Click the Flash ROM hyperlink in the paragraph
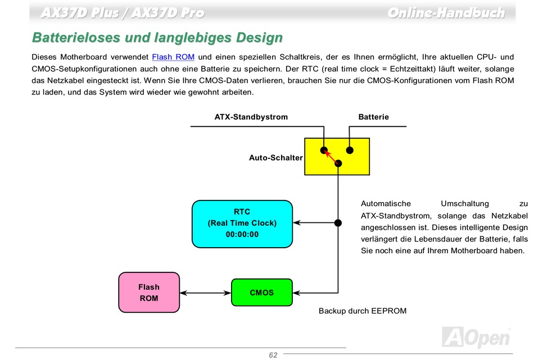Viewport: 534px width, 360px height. pyautogui.click(x=173, y=57)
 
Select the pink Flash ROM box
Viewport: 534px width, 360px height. pyautogui.click(x=149, y=292)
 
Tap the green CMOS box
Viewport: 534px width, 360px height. pyautogui.click(x=262, y=293)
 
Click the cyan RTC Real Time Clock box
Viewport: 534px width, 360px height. pyautogui.click(x=242, y=224)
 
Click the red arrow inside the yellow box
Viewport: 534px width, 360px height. pyautogui.click(x=331, y=157)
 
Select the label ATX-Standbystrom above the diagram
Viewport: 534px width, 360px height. pyautogui.click(x=251, y=117)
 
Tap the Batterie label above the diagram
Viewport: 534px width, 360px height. pyautogui.click(x=373, y=117)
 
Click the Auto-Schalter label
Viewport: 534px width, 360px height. pyautogui.click(x=275, y=158)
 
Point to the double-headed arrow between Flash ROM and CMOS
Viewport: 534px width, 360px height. pyautogui.click(x=205, y=293)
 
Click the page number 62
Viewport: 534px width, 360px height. pyautogui.click(x=273, y=355)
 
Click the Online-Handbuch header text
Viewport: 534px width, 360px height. pyautogui.click(x=446, y=12)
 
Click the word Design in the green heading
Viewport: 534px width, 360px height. pyautogui.click(x=256, y=38)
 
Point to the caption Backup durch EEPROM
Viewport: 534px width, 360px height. pyautogui.click(x=362, y=311)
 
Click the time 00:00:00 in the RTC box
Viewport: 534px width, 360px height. pyautogui.click(x=242, y=234)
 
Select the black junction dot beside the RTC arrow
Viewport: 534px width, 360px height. pyautogui.click(x=338, y=223)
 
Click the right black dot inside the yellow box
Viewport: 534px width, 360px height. pyautogui.click(x=350, y=150)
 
